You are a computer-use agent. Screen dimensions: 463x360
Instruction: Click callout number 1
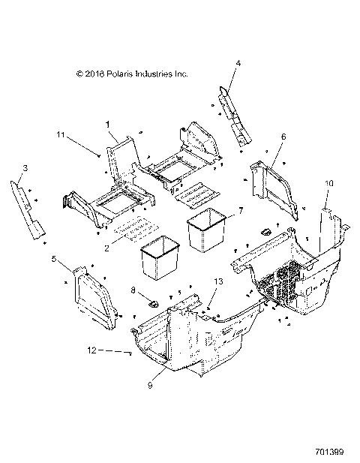(x=107, y=122)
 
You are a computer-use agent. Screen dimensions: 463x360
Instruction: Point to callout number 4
(x=238, y=65)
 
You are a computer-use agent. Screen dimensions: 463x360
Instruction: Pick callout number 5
(x=55, y=258)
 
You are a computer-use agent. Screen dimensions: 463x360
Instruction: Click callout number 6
(x=283, y=137)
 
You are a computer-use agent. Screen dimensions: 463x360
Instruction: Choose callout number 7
(x=241, y=211)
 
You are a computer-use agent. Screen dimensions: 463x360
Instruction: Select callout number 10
(x=328, y=183)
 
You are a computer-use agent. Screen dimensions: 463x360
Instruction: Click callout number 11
(x=80, y=134)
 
